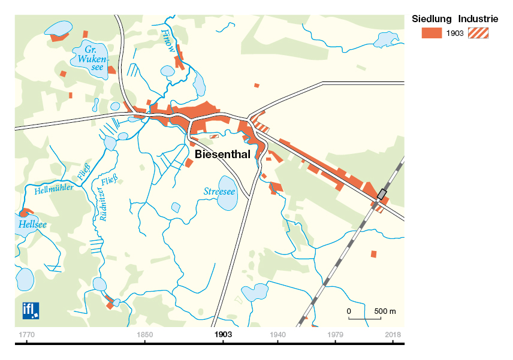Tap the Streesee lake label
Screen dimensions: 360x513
[x=219, y=192]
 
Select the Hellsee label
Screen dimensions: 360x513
[x=33, y=225]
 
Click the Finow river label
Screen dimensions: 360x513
[x=169, y=42]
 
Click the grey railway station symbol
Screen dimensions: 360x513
[x=381, y=194]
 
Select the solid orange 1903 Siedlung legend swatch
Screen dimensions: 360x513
[x=431, y=33]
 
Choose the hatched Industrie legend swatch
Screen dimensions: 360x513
[x=478, y=33]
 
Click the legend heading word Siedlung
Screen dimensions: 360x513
[x=431, y=19]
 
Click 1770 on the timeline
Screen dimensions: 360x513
[x=26, y=334]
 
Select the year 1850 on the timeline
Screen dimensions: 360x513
[x=144, y=334]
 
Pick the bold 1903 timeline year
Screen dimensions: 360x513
[x=222, y=334]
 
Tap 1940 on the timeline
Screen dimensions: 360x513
[x=277, y=334]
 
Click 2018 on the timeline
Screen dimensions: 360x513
[x=393, y=334]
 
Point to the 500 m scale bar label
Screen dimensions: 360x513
[x=385, y=311]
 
